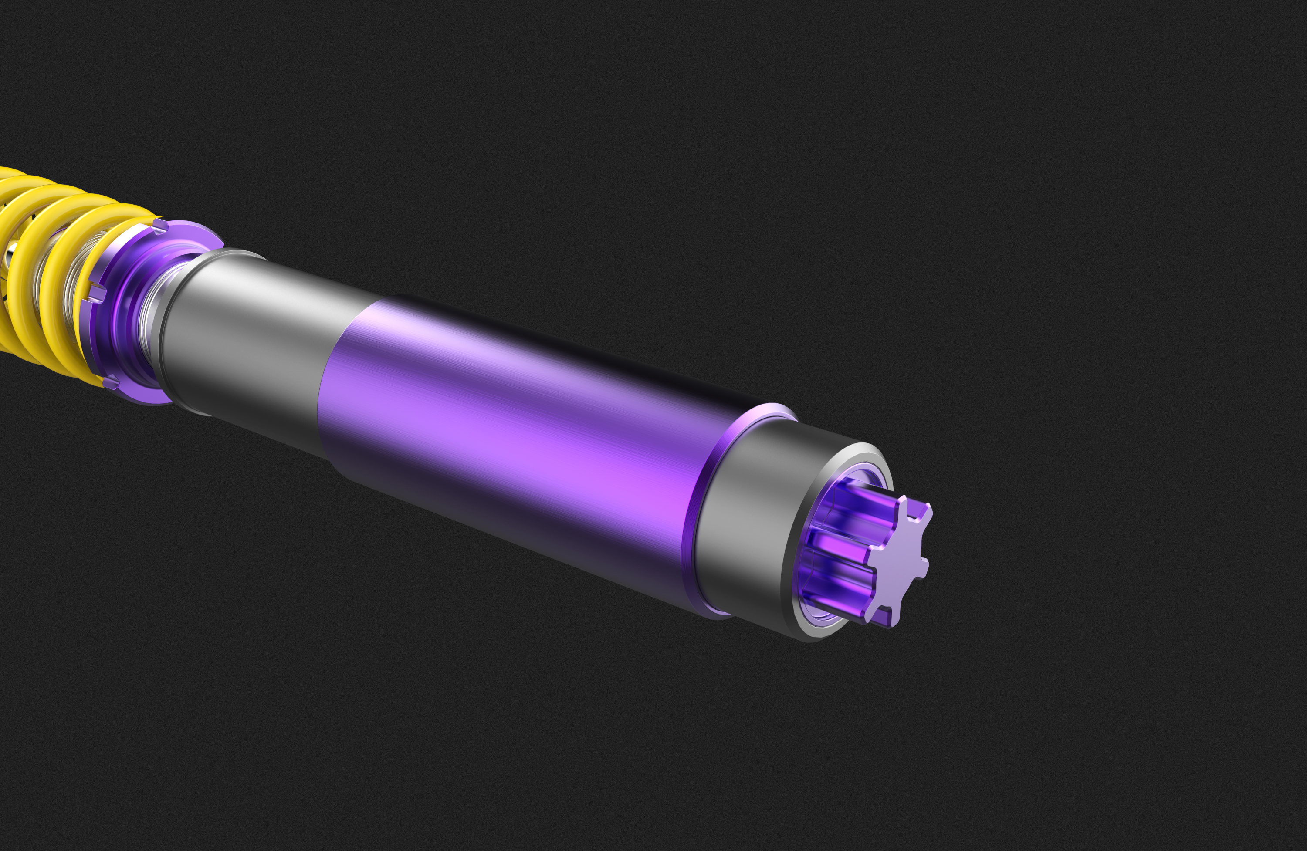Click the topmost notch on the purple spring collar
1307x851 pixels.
pos(160,225)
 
